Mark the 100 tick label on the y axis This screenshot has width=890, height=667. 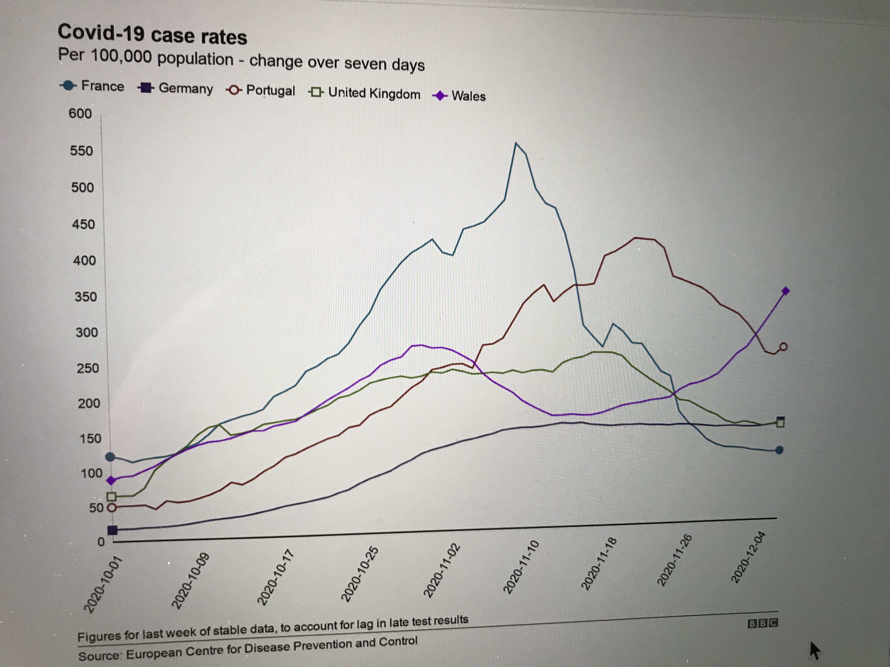click(x=92, y=473)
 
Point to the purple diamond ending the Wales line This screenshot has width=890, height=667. click(x=785, y=291)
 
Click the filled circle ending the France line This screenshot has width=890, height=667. click(x=779, y=450)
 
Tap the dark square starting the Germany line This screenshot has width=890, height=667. click(x=113, y=530)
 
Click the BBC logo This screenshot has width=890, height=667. click(x=762, y=623)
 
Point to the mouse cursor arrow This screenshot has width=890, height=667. click(x=814, y=650)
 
